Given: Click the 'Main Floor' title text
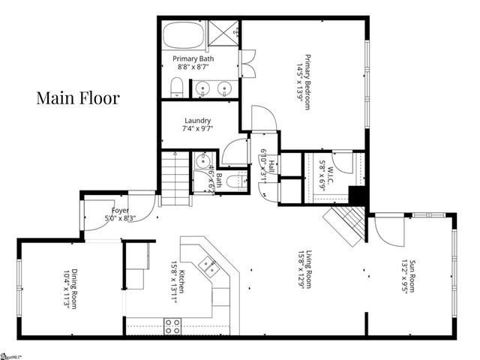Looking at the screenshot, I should [x=78, y=98].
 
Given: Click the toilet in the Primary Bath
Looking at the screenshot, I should [x=175, y=89].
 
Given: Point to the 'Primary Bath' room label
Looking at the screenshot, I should [x=194, y=58].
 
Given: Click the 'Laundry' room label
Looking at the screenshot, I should [x=198, y=120].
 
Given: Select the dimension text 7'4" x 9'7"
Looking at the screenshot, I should [x=198, y=129].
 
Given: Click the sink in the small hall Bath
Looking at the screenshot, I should [x=201, y=163].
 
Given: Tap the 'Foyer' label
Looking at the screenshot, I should [x=121, y=211].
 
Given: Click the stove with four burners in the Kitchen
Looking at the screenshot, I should [x=172, y=325].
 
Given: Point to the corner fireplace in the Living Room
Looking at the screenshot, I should [x=344, y=224].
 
